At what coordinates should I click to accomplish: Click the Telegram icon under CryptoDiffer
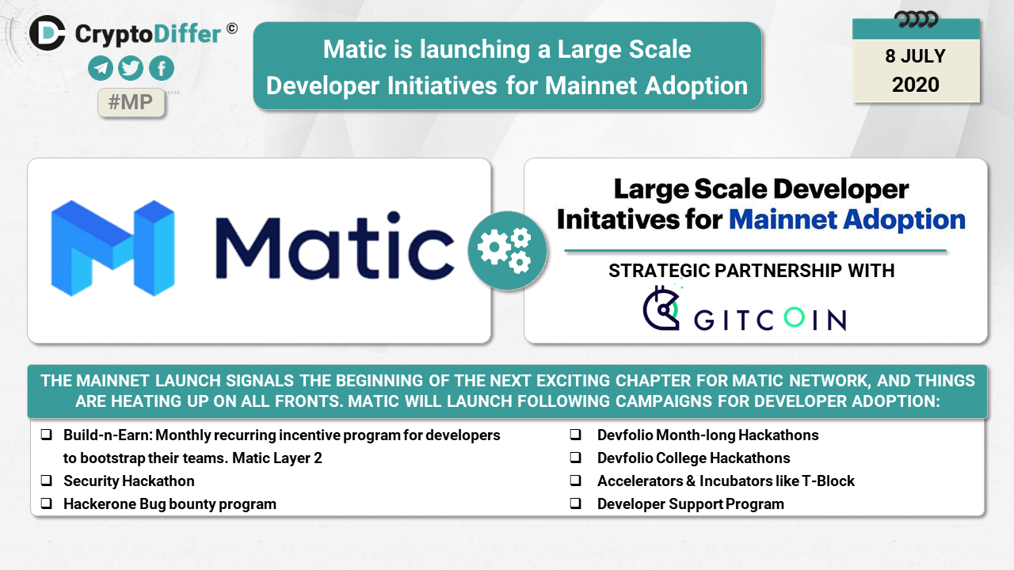pyautogui.click(x=100, y=68)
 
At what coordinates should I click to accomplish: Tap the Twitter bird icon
pyautogui.click(x=131, y=68)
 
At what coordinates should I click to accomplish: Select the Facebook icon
pyautogui.click(x=162, y=68)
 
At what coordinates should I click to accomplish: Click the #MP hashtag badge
pyautogui.click(x=131, y=102)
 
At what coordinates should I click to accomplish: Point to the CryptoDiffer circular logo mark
pyautogui.click(x=47, y=33)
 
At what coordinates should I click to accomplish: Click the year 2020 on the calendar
pyautogui.click(x=915, y=85)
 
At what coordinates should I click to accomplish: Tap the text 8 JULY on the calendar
pyautogui.click(x=915, y=56)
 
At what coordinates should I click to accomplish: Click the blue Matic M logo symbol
pyautogui.click(x=112, y=249)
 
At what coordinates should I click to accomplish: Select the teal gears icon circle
pyautogui.click(x=507, y=251)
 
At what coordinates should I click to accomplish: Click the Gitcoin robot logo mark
pyautogui.click(x=661, y=308)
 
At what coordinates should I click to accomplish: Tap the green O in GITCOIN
pyautogui.click(x=794, y=317)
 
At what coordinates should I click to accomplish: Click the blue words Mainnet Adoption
pyautogui.click(x=847, y=220)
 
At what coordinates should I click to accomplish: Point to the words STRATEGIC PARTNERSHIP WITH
pyautogui.click(x=752, y=271)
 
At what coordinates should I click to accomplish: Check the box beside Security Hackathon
pyautogui.click(x=46, y=480)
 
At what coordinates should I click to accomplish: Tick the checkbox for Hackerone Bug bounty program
pyautogui.click(x=46, y=503)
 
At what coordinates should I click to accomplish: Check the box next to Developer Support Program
pyautogui.click(x=575, y=503)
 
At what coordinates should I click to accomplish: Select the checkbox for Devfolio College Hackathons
pyautogui.click(x=575, y=457)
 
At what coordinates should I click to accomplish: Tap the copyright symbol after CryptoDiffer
pyautogui.click(x=232, y=28)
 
